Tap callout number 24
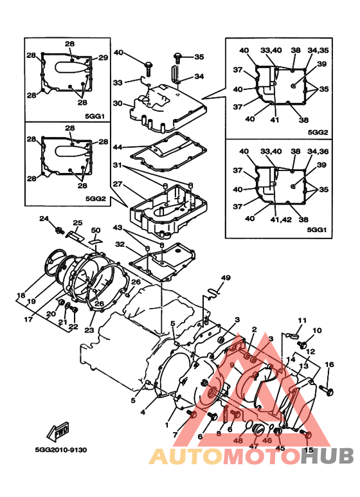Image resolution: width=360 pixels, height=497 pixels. [44, 219]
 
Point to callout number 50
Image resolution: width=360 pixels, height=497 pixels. [96, 231]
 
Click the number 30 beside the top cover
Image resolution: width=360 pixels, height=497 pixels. [117, 104]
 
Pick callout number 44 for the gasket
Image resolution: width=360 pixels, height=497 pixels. [117, 147]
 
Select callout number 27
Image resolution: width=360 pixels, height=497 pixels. [117, 185]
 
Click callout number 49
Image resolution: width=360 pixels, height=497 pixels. [226, 278]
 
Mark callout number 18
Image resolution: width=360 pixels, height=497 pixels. [21, 296]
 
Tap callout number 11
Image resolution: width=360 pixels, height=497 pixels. [301, 320]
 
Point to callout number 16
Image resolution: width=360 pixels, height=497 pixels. [330, 365]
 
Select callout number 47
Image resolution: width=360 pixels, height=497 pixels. [254, 446]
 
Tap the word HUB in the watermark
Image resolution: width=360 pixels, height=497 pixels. [328, 456]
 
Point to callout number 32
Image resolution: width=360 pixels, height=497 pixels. [120, 244]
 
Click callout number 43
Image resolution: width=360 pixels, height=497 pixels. [117, 228]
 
